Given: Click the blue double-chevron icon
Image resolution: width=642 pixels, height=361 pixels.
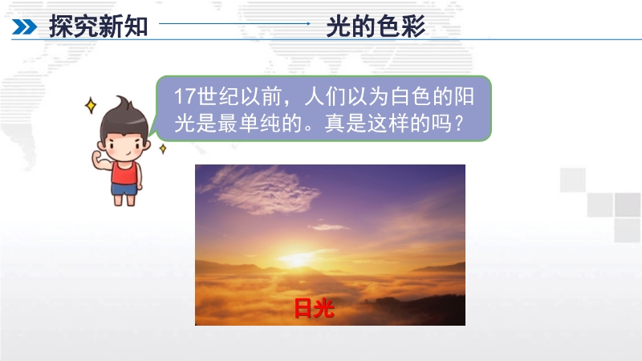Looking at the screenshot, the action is (x=25, y=27).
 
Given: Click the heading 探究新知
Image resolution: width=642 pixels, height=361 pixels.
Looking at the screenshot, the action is (x=98, y=26).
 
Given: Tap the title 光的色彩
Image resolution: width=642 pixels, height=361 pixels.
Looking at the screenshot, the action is (x=376, y=26).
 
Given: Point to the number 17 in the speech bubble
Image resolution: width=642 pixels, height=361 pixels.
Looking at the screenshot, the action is (x=185, y=96).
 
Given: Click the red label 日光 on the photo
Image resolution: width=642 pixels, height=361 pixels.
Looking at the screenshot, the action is (x=315, y=308).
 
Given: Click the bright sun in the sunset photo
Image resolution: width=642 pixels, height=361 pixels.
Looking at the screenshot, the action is (x=295, y=257).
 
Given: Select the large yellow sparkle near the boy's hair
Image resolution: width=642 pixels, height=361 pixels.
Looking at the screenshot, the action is (x=91, y=106).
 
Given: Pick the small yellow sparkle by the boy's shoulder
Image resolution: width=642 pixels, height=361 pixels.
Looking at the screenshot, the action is (x=163, y=148).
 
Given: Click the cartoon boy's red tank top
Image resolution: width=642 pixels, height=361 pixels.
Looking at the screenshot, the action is (x=125, y=173).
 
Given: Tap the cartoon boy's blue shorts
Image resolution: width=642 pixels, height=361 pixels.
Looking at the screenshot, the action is (x=124, y=189).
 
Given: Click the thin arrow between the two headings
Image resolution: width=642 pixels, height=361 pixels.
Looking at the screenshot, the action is (x=234, y=24).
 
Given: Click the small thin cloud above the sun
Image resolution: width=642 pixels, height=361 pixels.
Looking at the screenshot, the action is (x=329, y=227).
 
